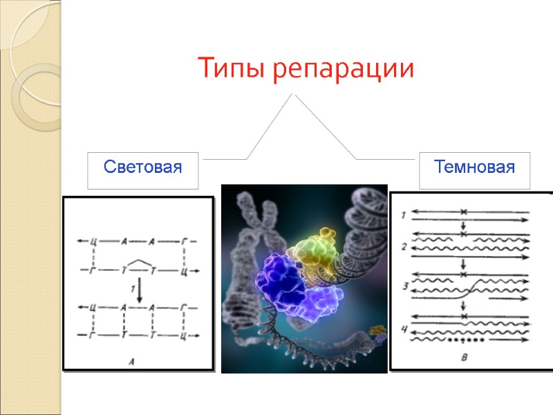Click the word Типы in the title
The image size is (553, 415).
click(230, 69)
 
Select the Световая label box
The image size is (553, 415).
click(142, 168)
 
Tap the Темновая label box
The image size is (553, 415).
click(474, 168)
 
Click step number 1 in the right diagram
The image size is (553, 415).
click(404, 216)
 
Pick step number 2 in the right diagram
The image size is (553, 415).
click(404, 246)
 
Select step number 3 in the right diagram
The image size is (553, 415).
click(404, 285)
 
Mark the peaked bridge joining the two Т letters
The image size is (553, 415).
click(139, 263)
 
